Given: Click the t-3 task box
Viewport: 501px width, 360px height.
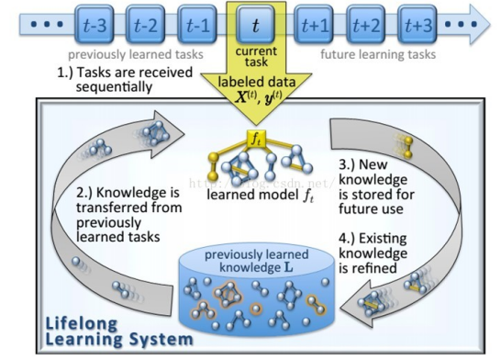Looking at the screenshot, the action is tap(95, 24).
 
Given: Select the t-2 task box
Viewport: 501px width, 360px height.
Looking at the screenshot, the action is tap(145, 24).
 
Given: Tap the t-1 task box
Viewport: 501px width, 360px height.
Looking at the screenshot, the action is tap(197, 24).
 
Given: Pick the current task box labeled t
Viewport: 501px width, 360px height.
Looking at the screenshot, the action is tap(256, 24).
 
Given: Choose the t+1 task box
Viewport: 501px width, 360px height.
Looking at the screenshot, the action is tap(314, 24).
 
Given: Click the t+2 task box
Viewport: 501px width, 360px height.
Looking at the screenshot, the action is tap(366, 24).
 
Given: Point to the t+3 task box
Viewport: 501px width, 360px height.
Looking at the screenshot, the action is tap(417, 24).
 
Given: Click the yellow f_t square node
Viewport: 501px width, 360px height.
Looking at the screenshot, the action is tap(256, 139).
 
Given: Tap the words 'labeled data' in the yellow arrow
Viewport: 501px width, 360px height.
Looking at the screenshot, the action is tap(257, 82).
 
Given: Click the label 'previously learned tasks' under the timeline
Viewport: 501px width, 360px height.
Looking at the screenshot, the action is tap(136, 55).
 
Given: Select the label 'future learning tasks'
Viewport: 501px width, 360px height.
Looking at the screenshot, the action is tap(378, 55).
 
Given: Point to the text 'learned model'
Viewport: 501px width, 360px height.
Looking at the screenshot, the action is tap(252, 195).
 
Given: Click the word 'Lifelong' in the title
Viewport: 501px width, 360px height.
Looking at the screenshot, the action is tap(82, 324).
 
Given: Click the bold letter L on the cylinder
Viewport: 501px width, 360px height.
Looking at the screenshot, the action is tap(288, 267).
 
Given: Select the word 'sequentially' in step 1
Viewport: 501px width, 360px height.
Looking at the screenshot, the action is tap(114, 87).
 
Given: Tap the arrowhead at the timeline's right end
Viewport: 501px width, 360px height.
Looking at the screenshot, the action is tap(479, 24).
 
